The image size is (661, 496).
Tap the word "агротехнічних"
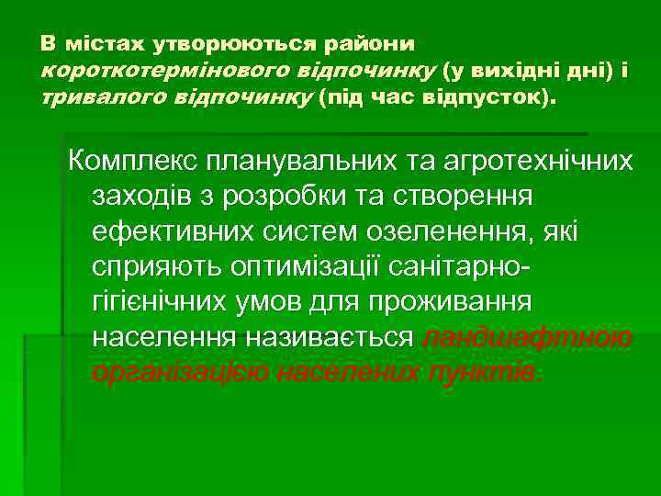point(543,162)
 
